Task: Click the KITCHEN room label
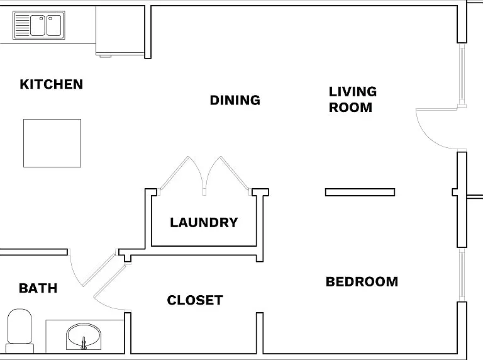click(x=52, y=84)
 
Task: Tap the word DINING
click(x=235, y=100)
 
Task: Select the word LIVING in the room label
click(x=353, y=91)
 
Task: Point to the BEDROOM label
click(x=362, y=282)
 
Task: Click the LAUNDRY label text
click(x=204, y=223)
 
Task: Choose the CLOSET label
click(x=195, y=300)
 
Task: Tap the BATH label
click(x=38, y=288)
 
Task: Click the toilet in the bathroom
click(x=19, y=330)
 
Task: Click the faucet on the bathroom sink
click(x=84, y=343)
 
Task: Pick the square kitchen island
click(x=52, y=143)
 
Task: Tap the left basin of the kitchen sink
click(x=38, y=26)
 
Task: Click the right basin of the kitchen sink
click(x=54, y=26)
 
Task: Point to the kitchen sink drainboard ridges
click(x=22, y=26)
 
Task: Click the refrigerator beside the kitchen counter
click(x=120, y=30)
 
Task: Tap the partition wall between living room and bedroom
click(x=360, y=193)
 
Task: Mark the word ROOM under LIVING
click(x=350, y=108)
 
